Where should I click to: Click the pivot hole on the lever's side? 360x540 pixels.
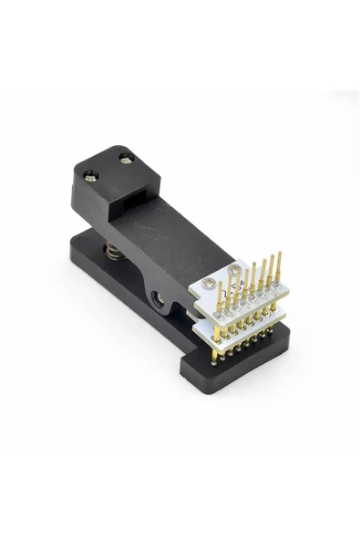pyautogui.click(x=161, y=297)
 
